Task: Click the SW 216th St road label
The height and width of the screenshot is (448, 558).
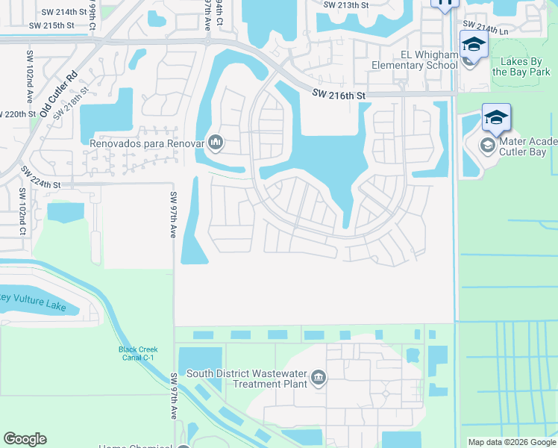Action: (339, 96)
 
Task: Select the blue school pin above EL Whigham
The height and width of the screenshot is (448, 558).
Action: (473, 45)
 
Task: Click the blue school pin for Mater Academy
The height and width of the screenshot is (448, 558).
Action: (496, 117)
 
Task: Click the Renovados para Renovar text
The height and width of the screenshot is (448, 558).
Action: (148, 142)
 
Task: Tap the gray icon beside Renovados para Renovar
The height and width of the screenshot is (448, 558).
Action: (216, 141)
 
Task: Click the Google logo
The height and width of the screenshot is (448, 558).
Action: (25, 439)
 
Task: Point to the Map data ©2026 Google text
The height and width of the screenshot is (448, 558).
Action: (511, 442)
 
